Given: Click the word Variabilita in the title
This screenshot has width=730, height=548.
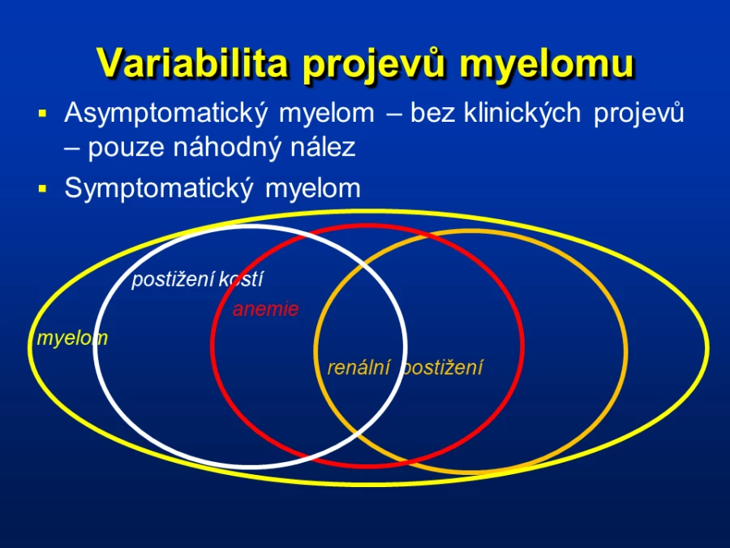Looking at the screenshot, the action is click(191, 63).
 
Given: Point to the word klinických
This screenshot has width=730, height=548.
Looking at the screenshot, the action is click(522, 113).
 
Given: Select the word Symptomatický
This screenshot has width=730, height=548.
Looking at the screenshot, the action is click(159, 189).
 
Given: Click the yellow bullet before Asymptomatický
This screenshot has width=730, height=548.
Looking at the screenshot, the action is click(43, 113).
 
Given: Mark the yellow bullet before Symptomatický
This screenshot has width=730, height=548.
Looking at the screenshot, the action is click(43, 188).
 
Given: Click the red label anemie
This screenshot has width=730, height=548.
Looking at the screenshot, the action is click(265, 309).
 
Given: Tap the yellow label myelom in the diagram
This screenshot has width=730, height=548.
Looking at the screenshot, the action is click(72, 339).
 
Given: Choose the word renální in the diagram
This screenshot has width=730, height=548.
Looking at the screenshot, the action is click(359, 368).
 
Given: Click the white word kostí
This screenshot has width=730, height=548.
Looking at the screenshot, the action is click(241, 279).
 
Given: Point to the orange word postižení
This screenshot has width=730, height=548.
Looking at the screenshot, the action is click(442, 368).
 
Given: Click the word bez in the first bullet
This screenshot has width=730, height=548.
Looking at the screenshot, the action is click(432, 113).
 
